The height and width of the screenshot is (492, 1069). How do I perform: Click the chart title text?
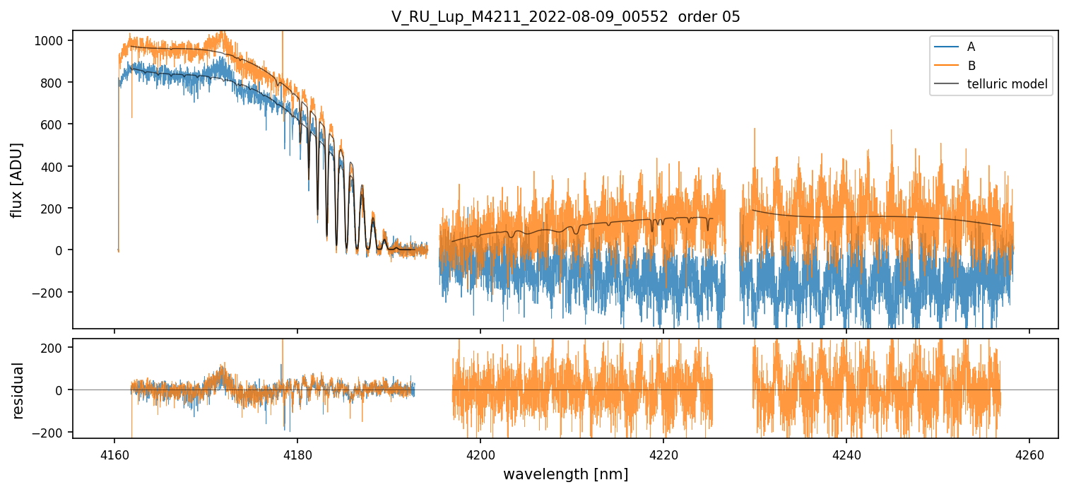[x=565, y=17]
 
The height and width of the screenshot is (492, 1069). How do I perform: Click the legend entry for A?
[x=971, y=47]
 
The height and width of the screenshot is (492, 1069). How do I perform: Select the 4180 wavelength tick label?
[x=297, y=453]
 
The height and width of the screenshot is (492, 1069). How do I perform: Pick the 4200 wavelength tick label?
[x=480, y=453]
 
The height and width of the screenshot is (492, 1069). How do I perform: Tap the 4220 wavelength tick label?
[x=663, y=453]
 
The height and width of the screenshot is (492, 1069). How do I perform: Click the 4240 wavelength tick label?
[x=846, y=453]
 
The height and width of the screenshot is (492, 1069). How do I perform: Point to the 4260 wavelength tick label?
[x=1029, y=453]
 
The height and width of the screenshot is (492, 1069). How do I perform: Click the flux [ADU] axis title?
[x=17, y=180]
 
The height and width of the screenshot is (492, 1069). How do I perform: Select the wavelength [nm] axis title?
[x=565, y=474]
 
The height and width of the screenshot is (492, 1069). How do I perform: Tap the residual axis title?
[x=18, y=390]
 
